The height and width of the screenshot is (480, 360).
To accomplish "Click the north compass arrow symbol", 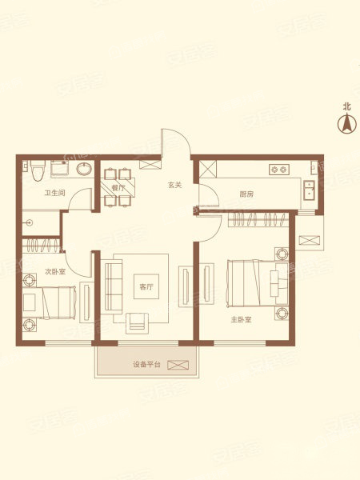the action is [347, 123].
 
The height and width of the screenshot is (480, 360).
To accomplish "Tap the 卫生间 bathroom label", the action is [54, 193].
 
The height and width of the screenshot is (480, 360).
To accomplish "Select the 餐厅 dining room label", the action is [118, 188].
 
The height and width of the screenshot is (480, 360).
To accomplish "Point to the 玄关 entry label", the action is [174, 185].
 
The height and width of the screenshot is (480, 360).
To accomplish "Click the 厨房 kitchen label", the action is [246, 194].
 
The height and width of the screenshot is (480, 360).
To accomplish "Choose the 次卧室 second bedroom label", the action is [55, 271].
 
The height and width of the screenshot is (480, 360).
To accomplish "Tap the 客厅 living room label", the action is [146, 287].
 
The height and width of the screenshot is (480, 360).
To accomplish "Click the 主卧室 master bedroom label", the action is [241, 320].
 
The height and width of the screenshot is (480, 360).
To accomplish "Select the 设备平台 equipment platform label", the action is [146, 365].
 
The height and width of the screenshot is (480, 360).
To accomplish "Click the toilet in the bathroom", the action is [38, 170].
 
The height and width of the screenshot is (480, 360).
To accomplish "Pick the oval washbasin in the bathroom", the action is [84, 169].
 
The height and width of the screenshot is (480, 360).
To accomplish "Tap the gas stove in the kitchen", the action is [279, 170].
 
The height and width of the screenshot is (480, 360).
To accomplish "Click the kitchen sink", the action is [309, 190].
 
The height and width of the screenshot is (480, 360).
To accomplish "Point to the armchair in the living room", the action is [137, 323].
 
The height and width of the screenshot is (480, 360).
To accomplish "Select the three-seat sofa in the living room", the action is [111, 286].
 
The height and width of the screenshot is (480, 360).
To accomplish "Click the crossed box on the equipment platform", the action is [178, 365].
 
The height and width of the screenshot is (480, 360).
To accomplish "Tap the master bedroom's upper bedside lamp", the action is [282, 254].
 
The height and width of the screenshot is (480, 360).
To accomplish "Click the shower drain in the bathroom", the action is [30, 222].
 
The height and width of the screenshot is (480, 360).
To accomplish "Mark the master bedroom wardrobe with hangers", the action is [258, 219].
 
